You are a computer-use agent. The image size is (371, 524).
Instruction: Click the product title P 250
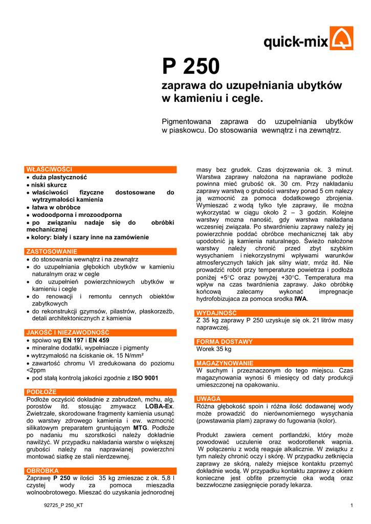point(190,67)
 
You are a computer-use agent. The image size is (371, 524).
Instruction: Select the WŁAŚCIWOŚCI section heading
point(50,169)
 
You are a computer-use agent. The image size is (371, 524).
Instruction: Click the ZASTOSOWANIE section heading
point(52,252)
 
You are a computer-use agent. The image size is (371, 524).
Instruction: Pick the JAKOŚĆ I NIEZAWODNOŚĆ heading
point(68,332)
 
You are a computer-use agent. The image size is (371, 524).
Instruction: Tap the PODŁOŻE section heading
point(41,392)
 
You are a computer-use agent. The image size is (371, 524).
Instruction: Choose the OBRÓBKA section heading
point(42,470)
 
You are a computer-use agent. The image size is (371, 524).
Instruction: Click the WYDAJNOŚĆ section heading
point(217,313)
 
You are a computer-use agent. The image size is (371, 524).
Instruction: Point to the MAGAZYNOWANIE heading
point(225,363)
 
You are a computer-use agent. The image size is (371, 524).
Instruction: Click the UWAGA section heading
point(209,399)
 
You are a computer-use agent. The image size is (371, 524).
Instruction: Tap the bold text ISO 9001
point(145,378)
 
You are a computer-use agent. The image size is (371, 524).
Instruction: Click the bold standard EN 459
point(95,340)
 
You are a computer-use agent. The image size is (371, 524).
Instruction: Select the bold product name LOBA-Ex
point(160,406)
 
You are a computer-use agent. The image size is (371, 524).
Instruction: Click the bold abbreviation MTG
point(140,428)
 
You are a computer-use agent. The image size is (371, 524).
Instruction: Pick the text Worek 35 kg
point(214,349)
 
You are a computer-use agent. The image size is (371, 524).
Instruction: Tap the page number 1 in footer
point(352,506)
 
